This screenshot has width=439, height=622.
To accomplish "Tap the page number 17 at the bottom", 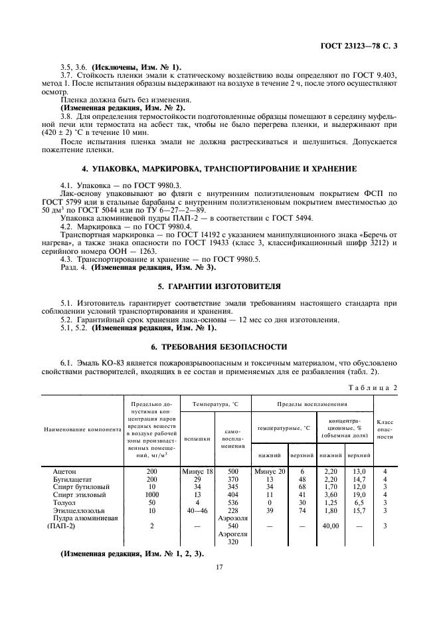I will (x=219, y=567).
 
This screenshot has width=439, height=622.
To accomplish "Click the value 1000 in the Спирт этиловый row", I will (x=151, y=494).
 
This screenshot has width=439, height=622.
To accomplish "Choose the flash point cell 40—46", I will (x=197, y=510).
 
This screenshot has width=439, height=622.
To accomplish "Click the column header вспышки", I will (x=197, y=439).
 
